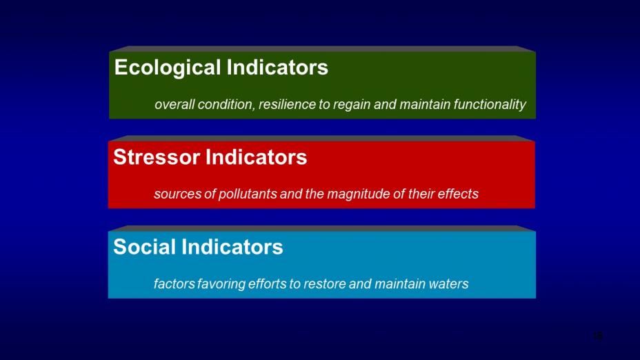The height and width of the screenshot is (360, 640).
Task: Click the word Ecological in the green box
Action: point(168,68)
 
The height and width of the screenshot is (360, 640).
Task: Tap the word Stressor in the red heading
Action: point(157,157)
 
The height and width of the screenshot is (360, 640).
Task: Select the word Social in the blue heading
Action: point(145,246)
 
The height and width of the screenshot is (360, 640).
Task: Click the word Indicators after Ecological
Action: point(277,67)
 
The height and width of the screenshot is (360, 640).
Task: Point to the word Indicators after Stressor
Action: point(256,157)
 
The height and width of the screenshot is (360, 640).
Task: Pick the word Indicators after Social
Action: point(232,246)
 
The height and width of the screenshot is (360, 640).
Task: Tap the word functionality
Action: point(490,105)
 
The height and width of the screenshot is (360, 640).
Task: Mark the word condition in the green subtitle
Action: point(226,105)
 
